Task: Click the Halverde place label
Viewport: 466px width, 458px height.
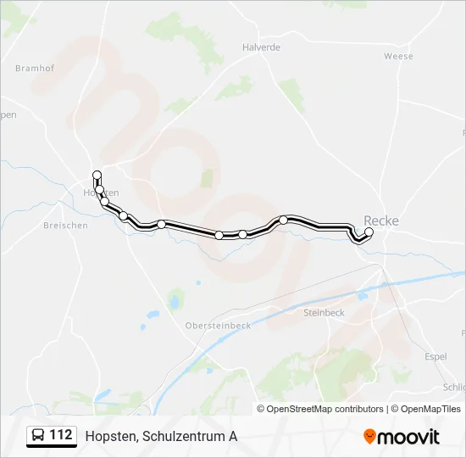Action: [261, 47]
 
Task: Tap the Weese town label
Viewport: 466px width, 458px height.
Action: [398, 56]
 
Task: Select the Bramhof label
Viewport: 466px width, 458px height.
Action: [35, 67]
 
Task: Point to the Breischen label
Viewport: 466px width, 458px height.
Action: [65, 226]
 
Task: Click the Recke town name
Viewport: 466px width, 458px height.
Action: [380, 221]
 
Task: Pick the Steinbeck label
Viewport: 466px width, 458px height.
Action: [324, 312]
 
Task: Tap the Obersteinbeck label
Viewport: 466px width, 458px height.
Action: [218, 325]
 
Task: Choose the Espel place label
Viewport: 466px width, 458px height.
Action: [435, 356]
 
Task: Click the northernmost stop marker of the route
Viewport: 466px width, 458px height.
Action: [97, 176]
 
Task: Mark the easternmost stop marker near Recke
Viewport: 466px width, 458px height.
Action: [369, 232]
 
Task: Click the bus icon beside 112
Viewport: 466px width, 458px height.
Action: [38, 436]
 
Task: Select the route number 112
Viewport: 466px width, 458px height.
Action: [60, 436]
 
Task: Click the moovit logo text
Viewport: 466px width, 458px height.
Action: [409, 437]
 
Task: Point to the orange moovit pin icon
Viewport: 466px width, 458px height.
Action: [369, 437]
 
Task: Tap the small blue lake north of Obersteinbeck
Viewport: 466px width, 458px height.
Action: [175, 299]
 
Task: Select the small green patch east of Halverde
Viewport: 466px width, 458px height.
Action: [292, 93]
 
